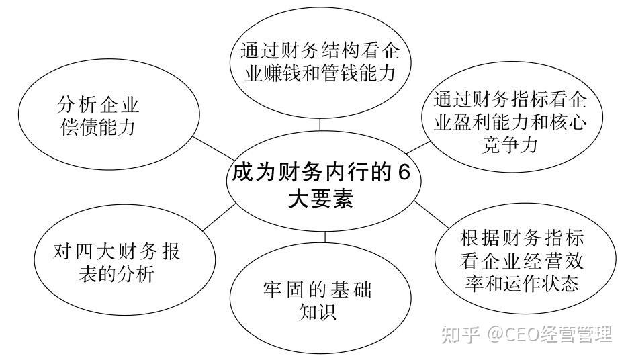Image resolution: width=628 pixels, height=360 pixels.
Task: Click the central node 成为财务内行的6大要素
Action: coord(320,185)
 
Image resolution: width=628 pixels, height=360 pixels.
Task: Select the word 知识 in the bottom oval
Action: coord(317,312)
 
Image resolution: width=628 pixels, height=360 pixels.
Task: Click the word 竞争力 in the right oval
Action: coord(510,145)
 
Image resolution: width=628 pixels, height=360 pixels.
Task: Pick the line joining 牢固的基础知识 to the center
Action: coord(325,236)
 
